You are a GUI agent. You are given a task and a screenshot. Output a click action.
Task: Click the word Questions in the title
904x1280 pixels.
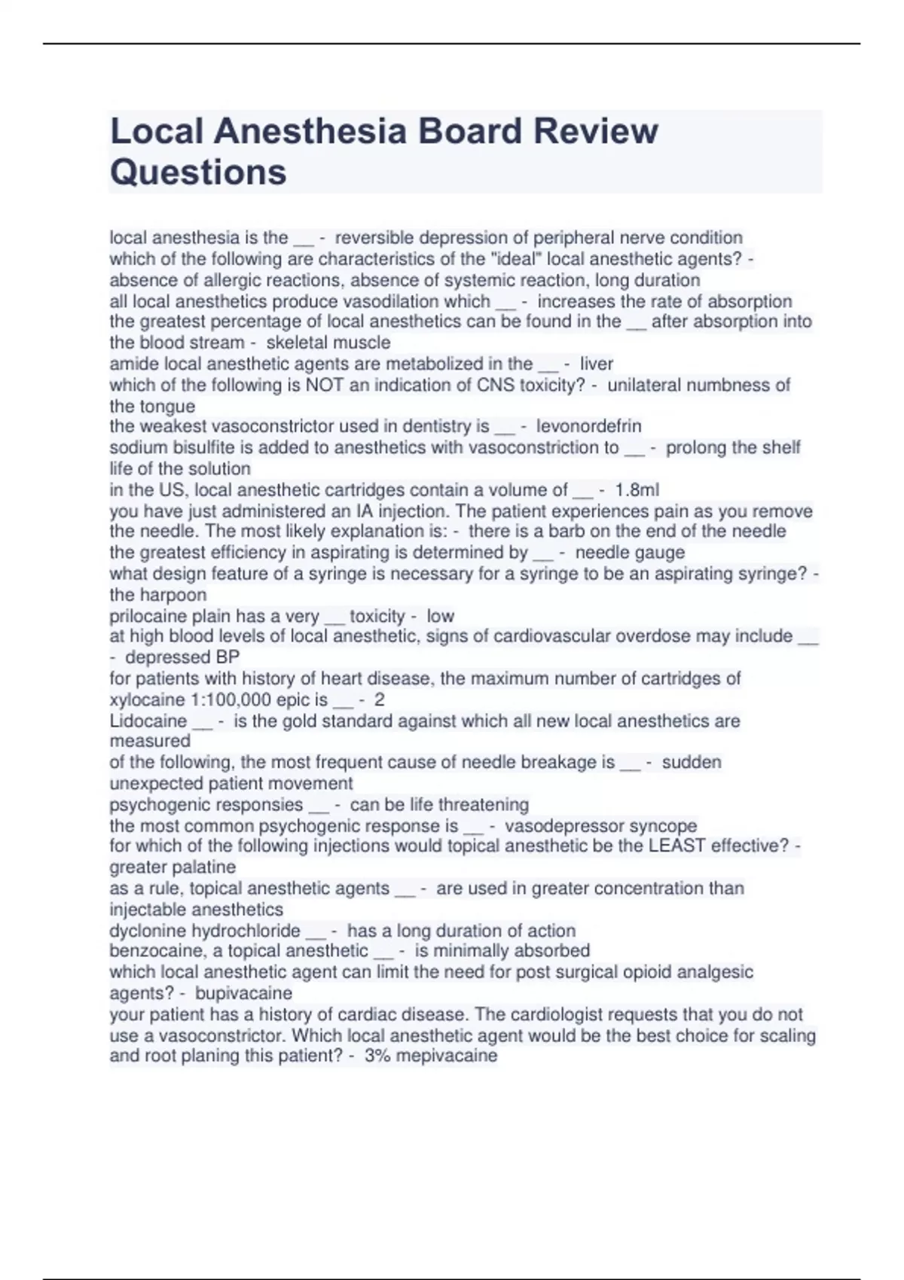[x=198, y=172]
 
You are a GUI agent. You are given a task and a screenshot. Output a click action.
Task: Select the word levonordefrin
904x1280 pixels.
[x=588, y=426]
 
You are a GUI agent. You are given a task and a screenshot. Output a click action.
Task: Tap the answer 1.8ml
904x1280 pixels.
[x=637, y=490]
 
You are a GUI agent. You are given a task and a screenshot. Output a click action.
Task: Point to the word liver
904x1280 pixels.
[x=597, y=364]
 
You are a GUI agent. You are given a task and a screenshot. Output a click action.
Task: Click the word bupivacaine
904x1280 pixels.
[x=243, y=993]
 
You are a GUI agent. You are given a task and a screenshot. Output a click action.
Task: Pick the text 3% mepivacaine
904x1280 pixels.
[x=431, y=1056]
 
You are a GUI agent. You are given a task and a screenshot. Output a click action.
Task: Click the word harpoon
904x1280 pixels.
[x=172, y=595]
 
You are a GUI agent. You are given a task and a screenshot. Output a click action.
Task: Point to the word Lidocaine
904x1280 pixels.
[x=148, y=721]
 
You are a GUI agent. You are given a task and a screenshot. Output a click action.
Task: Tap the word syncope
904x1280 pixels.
[x=663, y=826]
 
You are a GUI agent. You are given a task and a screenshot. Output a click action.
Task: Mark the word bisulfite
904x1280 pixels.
[x=203, y=448]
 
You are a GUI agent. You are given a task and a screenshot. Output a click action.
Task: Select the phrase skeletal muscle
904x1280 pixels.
[x=328, y=343]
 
